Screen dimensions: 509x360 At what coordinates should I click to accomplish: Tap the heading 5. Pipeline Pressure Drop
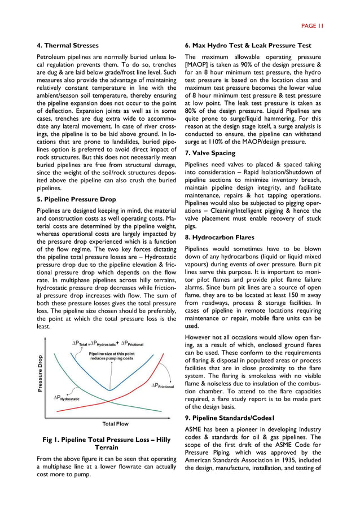pos(76,199)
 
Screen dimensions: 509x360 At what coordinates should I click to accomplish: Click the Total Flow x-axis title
pos(115,424)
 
